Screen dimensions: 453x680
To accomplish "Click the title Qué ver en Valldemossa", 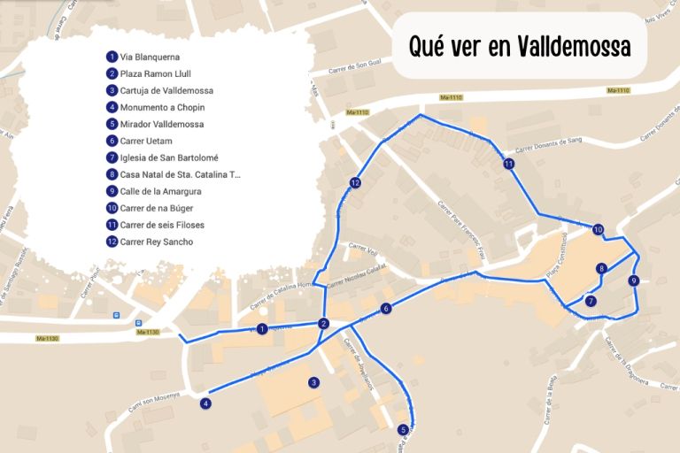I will point(520,47).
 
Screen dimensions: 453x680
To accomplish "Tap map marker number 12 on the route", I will point(355,183).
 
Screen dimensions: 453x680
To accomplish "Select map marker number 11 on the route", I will point(508,165).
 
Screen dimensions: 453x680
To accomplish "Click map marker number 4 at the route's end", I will point(205,403).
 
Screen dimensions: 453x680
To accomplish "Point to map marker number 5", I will point(403,430).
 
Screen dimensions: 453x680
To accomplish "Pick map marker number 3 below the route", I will point(313,383).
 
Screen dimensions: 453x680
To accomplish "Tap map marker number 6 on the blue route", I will point(386,309).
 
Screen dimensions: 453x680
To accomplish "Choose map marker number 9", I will point(633,281).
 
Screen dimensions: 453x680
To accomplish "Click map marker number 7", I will point(591,301).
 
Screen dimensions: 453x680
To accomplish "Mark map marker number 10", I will point(599,230).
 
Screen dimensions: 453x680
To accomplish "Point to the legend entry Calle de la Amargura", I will point(160,191).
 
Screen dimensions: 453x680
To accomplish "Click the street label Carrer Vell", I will point(364,249).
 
